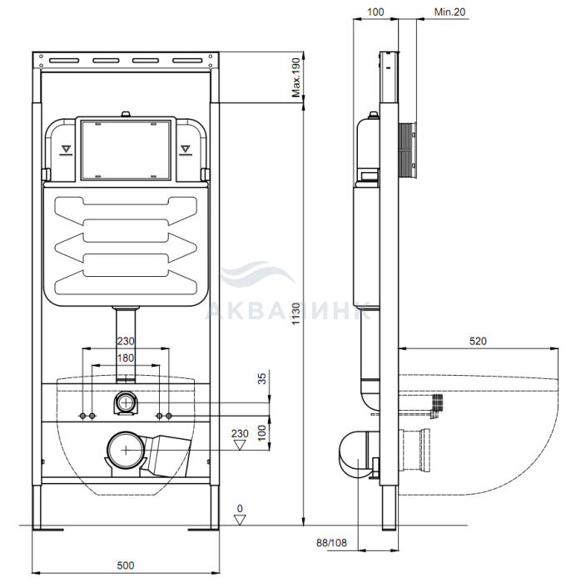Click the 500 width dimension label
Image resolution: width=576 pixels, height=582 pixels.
[x=126, y=565]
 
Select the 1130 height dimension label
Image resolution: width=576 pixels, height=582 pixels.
[x=295, y=313]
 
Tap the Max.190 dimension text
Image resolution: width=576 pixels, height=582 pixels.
[x=295, y=77]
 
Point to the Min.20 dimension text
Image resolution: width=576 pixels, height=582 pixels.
[x=449, y=12]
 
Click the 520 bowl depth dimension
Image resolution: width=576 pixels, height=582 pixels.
[x=478, y=341]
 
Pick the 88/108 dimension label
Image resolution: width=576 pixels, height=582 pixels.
[x=331, y=543]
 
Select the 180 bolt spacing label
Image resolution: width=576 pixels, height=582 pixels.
[x=126, y=358]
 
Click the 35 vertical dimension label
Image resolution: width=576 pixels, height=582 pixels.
[x=262, y=378]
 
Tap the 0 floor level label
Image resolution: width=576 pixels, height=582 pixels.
[x=240, y=509]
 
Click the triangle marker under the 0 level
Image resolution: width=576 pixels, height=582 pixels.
[x=240, y=520]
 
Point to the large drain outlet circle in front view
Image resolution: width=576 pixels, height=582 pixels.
[x=126, y=450]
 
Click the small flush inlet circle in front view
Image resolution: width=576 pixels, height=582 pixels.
[x=127, y=402]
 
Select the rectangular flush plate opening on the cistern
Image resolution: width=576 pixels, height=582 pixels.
[x=126, y=150]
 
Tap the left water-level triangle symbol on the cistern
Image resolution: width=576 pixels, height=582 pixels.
[x=66, y=150]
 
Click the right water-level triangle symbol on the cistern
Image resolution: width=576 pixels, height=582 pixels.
[x=186, y=150]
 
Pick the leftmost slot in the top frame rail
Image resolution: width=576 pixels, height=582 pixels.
[x=64, y=61]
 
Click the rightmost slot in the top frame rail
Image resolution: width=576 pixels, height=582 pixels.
[x=187, y=61]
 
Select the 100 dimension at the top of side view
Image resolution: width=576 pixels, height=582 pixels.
[x=375, y=12]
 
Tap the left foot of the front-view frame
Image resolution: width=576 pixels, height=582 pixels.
[x=47, y=529]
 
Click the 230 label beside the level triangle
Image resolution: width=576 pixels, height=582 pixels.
[x=240, y=433]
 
